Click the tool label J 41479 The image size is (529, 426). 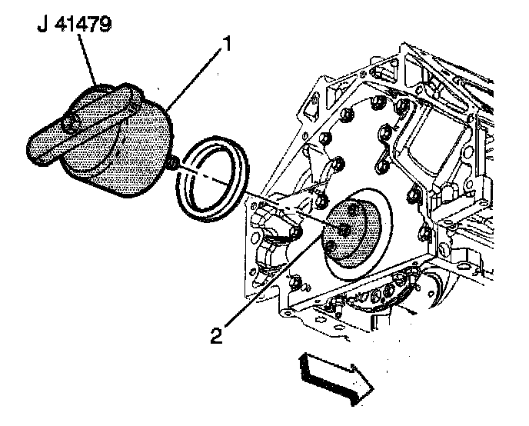click(74, 25)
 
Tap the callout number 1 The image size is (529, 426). click(228, 44)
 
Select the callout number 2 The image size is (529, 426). click(216, 335)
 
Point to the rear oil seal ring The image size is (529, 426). click(211, 178)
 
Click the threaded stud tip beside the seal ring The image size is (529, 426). click(172, 163)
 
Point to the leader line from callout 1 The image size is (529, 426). click(195, 79)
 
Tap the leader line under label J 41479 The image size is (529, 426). click(88, 59)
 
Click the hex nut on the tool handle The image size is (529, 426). click(70, 125)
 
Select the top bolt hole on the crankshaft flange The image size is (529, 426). click(353, 210)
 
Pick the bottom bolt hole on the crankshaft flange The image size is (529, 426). click(331, 246)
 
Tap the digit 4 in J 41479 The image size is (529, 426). click(61, 25)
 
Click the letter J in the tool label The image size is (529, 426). click(42, 25)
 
